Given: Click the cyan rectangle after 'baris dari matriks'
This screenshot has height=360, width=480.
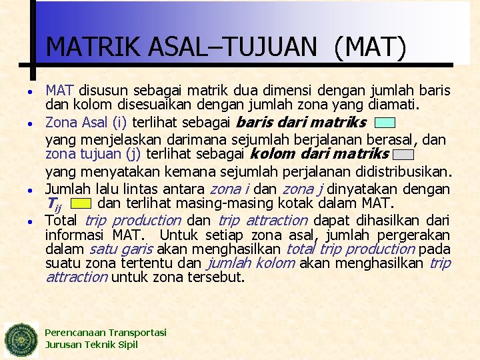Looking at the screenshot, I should tap(385, 123).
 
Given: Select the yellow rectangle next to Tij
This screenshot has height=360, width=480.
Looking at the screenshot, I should tap(81, 203).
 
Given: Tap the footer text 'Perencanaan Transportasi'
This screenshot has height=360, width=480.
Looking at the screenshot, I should tap(105, 332).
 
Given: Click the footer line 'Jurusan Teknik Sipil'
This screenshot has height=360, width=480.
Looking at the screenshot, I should tap(91, 345).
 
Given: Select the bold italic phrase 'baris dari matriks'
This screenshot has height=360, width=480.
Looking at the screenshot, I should tap(301, 122).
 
